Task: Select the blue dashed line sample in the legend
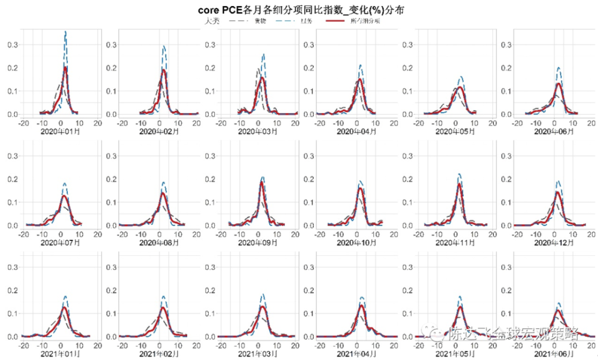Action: pyautogui.click(x=287, y=21)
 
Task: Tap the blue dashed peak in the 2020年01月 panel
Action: pyautogui.click(x=65, y=32)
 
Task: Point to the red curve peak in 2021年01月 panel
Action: pyautogui.click(x=64, y=307)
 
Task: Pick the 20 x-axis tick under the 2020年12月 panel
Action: pyautogui.click(x=591, y=234)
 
